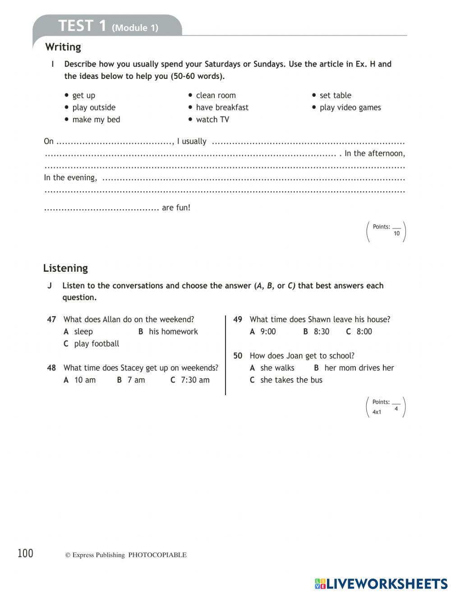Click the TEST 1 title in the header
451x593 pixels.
tap(82, 26)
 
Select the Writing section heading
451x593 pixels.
tap(63, 47)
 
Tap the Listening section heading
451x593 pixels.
tap(65, 268)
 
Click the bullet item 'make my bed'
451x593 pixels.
tap(96, 119)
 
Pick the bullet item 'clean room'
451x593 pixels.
tap(216, 95)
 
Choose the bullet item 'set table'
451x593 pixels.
tap(335, 95)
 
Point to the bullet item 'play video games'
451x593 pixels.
tap(350, 107)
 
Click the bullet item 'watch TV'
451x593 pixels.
tap(212, 119)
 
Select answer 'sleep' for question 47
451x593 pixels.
tap(83, 332)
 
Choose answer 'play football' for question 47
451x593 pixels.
tap(96, 344)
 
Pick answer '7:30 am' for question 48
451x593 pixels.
tap(195, 380)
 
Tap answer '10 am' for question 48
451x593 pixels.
tap(85, 380)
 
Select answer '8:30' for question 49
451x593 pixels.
tap(321, 332)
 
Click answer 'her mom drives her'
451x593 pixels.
tap(359, 368)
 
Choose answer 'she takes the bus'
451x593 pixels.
tap(291, 380)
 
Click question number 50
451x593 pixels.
tap(238, 356)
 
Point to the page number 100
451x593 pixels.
tap(25, 553)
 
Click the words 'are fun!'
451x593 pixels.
tap(176, 208)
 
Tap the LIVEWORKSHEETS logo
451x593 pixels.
tap(381, 584)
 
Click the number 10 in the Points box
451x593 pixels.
tap(396, 233)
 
